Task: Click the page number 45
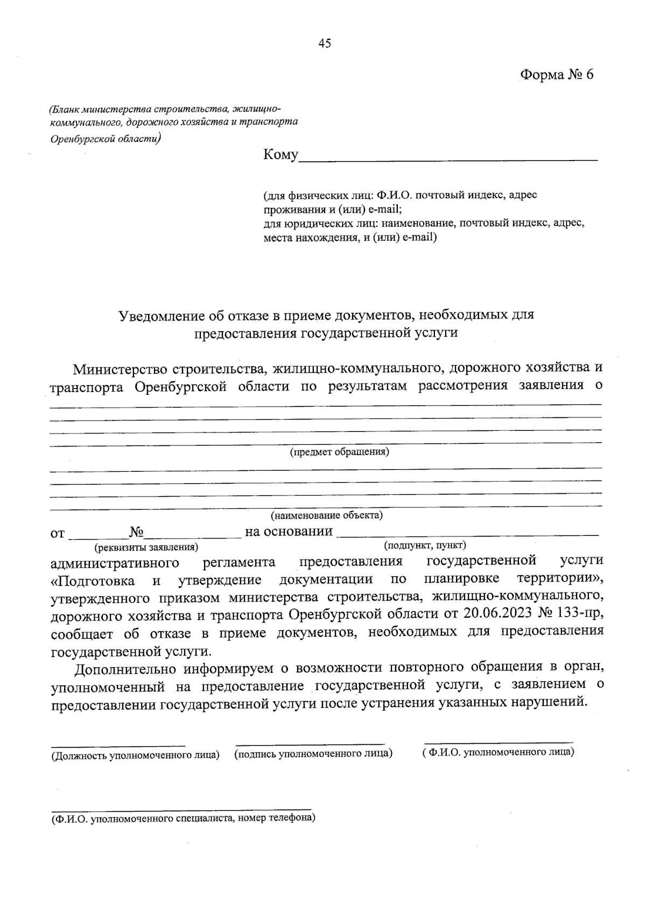coord(324,44)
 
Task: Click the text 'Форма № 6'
coord(557,75)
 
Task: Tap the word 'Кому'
coord(280,155)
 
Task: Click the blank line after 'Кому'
coord(448,157)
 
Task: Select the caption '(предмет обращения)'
coord(339,452)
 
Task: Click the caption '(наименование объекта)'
coord(327,515)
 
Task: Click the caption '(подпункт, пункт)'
coord(425,545)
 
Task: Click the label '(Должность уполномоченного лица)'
coord(135,755)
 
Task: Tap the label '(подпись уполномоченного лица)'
coord(313,753)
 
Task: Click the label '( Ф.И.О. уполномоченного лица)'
coord(498,751)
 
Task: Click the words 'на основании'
coord(289,532)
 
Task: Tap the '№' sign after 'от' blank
coord(136,533)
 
